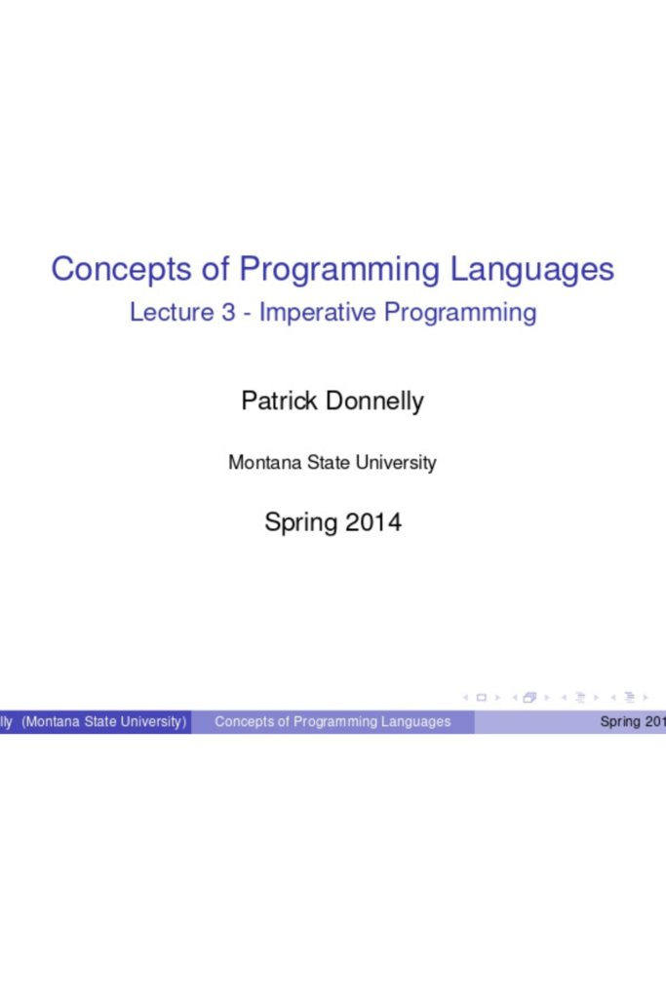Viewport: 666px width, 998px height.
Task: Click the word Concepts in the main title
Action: pyautogui.click(x=105, y=268)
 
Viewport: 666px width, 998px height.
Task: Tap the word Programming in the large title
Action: pyautogui.click(x=340, y=268)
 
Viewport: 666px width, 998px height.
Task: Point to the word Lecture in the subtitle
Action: pyautogui.click(x=169, y=313)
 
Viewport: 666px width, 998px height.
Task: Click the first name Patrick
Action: pyautogui.click(x=279, y=401)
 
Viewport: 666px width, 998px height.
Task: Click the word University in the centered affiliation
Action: pyautogui.click(x=396, y=463)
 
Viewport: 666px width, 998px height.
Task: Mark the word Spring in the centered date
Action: pyautogui.click(x=300, y=523)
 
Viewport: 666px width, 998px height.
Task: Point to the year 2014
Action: pyautogui.click(x=372, y=522)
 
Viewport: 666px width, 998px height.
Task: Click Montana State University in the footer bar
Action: pyautogui.click(x=104, y=722)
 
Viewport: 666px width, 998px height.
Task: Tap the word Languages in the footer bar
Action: pyautogui.click(x=416, y=722)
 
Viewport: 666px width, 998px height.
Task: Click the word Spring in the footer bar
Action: pyautogui.click(x=619, y=722)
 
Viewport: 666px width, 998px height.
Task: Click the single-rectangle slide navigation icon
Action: pyautogui.click(x=481, y=698)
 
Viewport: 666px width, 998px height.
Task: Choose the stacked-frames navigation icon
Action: pyautogui.click(x=529, y=698)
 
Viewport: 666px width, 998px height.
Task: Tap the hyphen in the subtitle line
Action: pyautogui.click(x=249, y=314)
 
